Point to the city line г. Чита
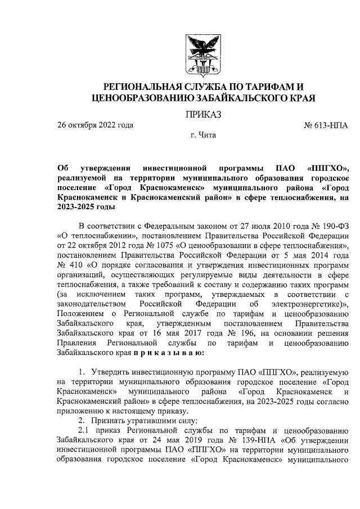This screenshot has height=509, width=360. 203,135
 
